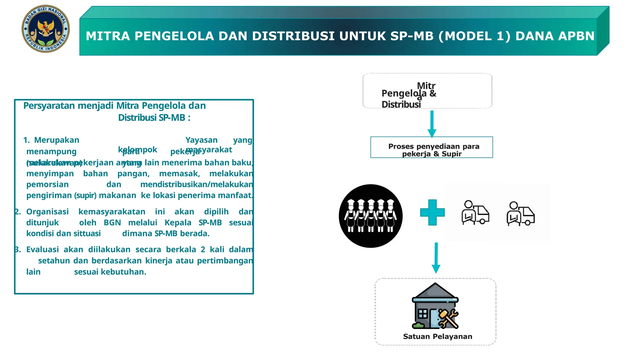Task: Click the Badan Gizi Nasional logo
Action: coord(46,29)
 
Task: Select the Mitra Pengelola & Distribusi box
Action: coord(427,91)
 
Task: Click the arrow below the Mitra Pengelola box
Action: coord(432,124)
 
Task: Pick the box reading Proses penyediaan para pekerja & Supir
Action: coord(432,147)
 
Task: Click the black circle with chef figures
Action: coord(371,216)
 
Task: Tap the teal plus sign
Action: coord(432,212)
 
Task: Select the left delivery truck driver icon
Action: coord(475,213)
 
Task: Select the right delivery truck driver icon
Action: coord(520,214)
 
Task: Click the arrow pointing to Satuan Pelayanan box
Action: coord(436,258)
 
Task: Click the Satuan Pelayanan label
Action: coord(437,337)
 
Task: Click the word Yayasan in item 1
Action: coord(202,140)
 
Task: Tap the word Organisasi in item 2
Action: coord(47,212)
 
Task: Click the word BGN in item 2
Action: coord(112,223)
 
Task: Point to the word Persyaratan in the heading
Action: coord(49,106)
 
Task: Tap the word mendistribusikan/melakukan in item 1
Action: coord(197,185)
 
